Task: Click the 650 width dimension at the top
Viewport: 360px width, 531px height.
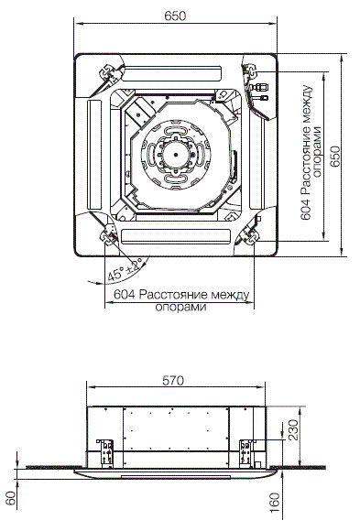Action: click(x=175, y=16)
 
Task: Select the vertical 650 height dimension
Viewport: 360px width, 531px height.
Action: click(x=335, y=157)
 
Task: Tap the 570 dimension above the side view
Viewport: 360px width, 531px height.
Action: click(x=173, y=380)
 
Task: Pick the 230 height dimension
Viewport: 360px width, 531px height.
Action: click(x=293, y=429)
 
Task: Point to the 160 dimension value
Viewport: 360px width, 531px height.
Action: click(x=274, y=504)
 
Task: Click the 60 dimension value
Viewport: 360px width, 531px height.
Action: click(x=11, y=498)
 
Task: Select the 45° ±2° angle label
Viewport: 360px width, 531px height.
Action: click(x=125, y=271)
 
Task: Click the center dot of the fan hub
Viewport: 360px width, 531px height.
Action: click(x=176, y=155)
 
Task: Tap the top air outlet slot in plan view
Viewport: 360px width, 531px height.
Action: click(x=173, y=74)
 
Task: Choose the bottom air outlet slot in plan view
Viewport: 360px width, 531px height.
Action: click(x=176, y=236)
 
